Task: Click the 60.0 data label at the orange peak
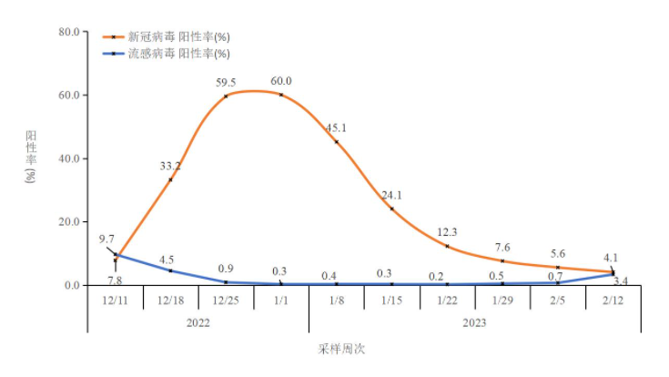[x=281, y=82]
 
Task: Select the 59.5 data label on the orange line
[x=227, y=83]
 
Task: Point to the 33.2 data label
[x=170, y=166]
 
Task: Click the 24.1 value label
[x=391, y=196]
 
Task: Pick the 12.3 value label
[x=446, y=232]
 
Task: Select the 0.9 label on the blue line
[x=227, y=270]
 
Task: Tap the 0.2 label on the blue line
[x=446, y=276]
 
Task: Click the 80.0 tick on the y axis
[x=70, y=32]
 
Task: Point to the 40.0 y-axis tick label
[x=70, y=158]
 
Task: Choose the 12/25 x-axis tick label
[x=226, y=299]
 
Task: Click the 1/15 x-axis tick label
[x=391, y=299]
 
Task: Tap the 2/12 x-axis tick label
[x=613, y=299]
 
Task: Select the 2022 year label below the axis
[x=198, y=321]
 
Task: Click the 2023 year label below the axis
[x=474, y=321]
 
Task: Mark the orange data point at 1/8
[x=337, y=142]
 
